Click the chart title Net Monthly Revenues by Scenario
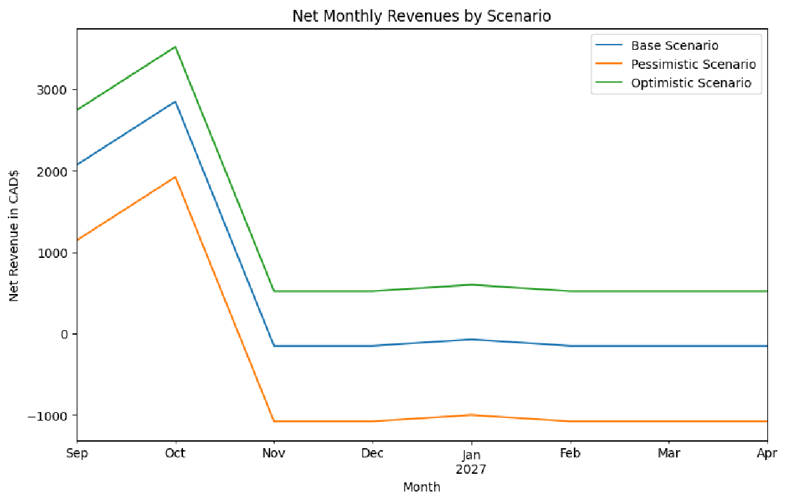click(422, 16)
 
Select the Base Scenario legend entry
click(674, 46)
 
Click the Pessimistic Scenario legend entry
click(693, 65)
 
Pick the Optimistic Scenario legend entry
click(691, 83)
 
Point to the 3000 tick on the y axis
click(56, 90)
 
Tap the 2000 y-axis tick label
click(56, 171)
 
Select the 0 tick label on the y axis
click(64, 334)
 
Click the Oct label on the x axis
click(175, 453)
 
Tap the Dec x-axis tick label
click(373, 453)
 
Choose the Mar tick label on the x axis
click(668, 453)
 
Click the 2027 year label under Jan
click(472, 469)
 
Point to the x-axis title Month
click(422, 487)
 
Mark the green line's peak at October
click(175, 47)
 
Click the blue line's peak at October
click(175, 102)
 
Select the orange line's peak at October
click(175, 177)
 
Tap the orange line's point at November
click(274, 421)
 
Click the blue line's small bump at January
click(472, 339)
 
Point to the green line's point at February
click(570, 291)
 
